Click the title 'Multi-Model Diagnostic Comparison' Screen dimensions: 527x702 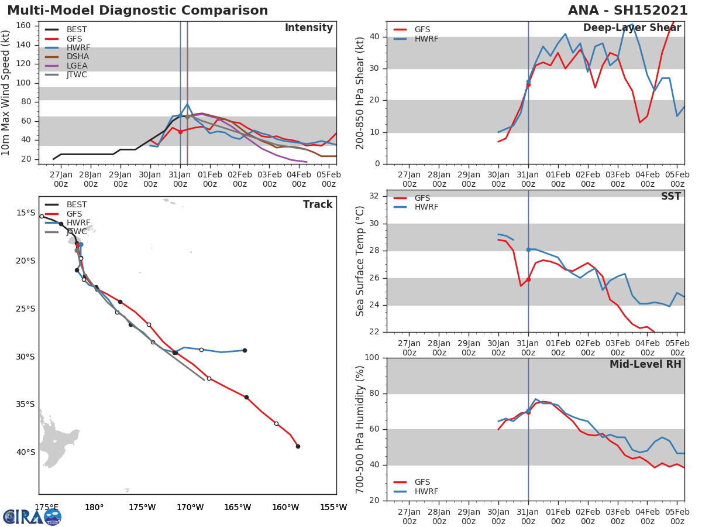pyautogui.click(x=137, y=11)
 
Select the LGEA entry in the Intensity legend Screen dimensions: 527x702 pyautogui.click(x=78, y=66)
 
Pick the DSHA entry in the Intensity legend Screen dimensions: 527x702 pyautogui.click(x=78, y=57)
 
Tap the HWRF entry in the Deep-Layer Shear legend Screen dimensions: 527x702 pyautogui.click(x=426, y=39)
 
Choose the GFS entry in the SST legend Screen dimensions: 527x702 pyautogui.click(x=422, y=198)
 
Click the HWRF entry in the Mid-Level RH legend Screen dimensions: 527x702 pyautogui.click(x=426, y=491)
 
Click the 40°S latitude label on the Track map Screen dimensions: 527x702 pyautogui.click(x=25, y=452)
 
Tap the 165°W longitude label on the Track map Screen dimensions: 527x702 pyautogui.click(x=238, y=508)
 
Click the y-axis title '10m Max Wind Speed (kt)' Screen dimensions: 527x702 pyautogui.click(x=6, y=93)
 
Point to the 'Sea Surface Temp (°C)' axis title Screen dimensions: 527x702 pyautogui.click(x=360, y=261)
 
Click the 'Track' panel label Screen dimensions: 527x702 pyautogui.click(x=318, y=204)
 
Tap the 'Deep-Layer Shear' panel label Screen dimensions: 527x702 pyautogui.click(x=632, y=28)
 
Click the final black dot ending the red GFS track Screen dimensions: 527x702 pyautogui.click(x=298, y=446)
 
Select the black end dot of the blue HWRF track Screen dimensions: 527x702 pyautogui.click(x=245, y=350)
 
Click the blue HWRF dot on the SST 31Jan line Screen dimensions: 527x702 pyautogui.click(x=528, y=249)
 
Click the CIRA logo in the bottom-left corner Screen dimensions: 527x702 pyautogui.click(x=32, y=516)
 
